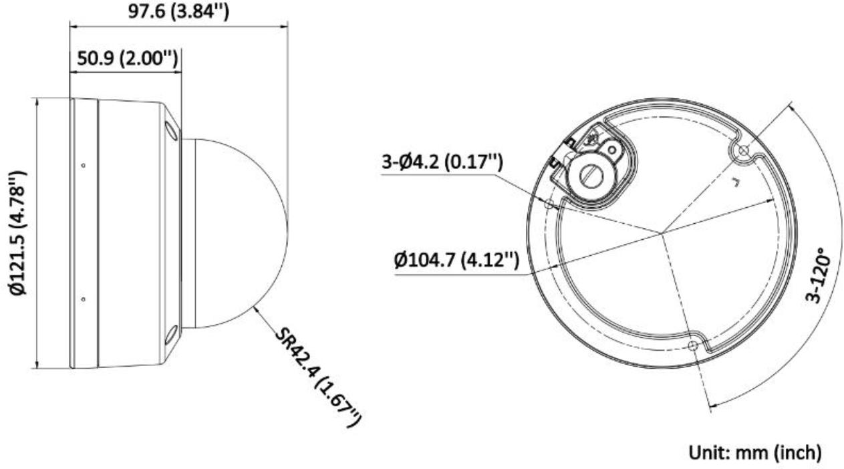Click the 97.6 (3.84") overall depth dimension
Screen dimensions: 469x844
[178, 11]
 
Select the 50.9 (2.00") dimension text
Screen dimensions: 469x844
[127, 59]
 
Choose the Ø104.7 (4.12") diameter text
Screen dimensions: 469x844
[456, 260]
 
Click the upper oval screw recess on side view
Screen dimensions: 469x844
[171, 129]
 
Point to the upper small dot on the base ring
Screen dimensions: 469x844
[83, 165]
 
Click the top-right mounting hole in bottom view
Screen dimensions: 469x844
[741, 150]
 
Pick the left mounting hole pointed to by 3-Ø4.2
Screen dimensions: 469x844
[549, 204]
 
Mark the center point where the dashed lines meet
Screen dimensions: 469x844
[662, 233]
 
